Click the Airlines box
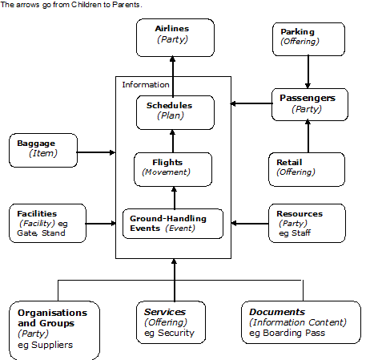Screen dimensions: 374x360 pyautogui.click(x=175, y=38)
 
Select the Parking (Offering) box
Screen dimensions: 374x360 pyautogui.click(x=308, y=39)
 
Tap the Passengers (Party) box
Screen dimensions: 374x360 pyautogui.click(x=310, y=104)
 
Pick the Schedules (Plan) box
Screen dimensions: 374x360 pyautogui.click(x=175, y=112)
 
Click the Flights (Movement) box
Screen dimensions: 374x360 pyautogui.click(x=173, y=169)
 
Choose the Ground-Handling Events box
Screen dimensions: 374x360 pyautogui.click(x=173, y=224)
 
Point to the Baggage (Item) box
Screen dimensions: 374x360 pyautogui.click(x=43, y=151)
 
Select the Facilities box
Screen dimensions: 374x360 pyautogui.click(x=47, y=224)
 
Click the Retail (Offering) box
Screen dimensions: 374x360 pyautogui.click(x=307, y=169)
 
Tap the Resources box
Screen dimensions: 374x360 pyautogui.click(x=307, y=224)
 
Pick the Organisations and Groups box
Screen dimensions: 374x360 pyautogui.click(x=54, y=330)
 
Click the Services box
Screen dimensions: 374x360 pyautogui.click(x=171, y=322)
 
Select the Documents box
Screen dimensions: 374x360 pyautogui.click(x=301, y=322)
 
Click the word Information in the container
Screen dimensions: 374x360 pyautogui.click(x=146, y=85)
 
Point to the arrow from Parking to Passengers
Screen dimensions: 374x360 pyautogui.click(x=308, y=72)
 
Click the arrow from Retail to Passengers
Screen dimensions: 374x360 pyautogui.click(x=308, y=136)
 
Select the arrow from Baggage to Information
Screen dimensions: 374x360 pyautogui.click(x=96, y=152)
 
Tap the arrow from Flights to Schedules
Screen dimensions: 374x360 pyautogui.click(x=173, y=141)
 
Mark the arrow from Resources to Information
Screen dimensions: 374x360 pyautogui.click(x=250, y=224)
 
